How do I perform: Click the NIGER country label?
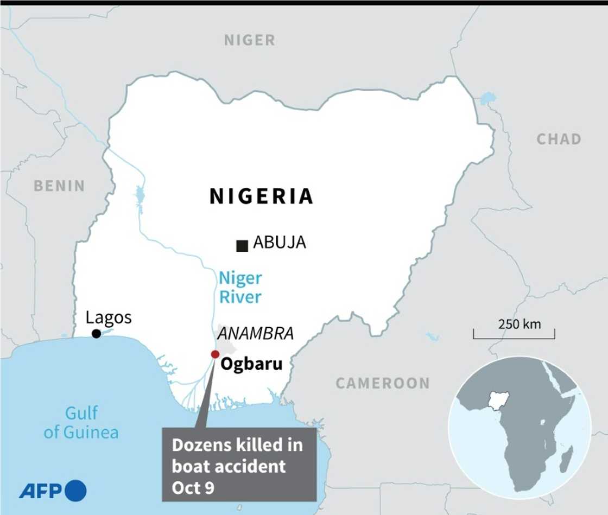(250, 40)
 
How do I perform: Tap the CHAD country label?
(559, 139)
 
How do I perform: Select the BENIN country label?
(59, 186)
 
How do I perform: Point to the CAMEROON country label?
(382, 383)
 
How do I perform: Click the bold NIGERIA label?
(262, 196)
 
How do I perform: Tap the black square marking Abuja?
(242, 246)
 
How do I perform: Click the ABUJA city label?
(280, 243)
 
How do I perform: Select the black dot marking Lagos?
(96, 334)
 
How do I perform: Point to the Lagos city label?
(109, 317)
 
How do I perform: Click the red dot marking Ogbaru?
(215, 354)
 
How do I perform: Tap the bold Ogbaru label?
(251, 363)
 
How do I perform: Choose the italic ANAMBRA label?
(255, 334)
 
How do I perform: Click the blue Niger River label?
(240, 288)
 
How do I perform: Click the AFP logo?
(53, 491)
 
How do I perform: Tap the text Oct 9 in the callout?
(193, 488)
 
